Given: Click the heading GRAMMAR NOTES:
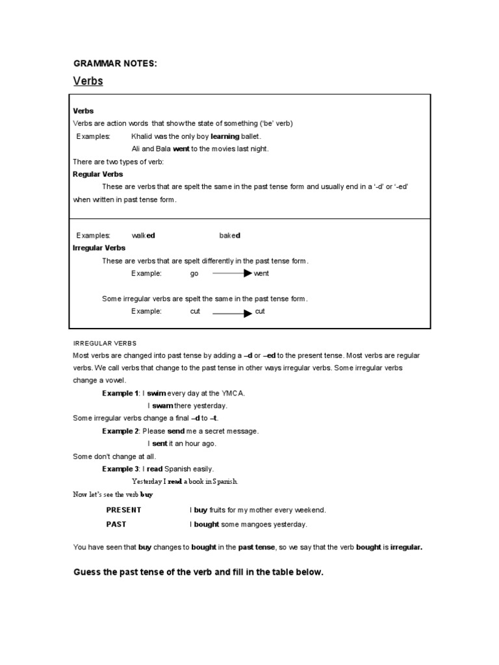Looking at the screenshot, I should point(115,63).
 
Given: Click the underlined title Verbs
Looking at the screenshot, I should point(88,81).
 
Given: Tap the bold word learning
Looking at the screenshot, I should point(225,136).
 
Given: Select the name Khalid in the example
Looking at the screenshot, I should point(142,136).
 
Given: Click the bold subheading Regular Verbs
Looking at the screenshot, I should point(97,174).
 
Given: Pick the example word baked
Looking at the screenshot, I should point(229,235).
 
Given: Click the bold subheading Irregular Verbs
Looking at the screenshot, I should point(99,247).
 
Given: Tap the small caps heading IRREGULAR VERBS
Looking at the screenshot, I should point(104,343).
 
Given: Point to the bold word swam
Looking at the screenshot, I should point(162,406).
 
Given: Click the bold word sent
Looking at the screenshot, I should point(160,444).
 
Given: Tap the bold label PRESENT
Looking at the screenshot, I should point(123,510).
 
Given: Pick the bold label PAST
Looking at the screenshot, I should point(116,524).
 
